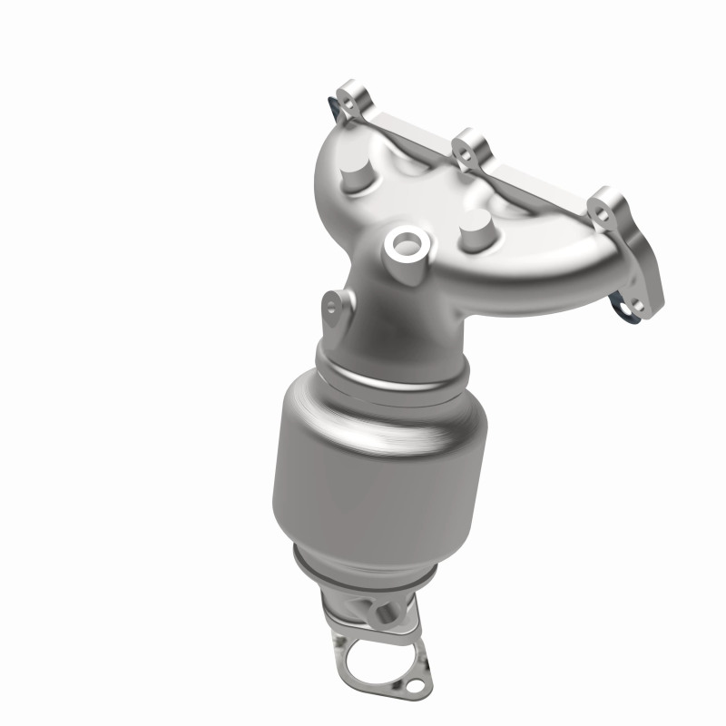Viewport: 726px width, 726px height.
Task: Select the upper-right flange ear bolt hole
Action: coord(600,211)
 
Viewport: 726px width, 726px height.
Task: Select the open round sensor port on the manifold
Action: coord(403,243)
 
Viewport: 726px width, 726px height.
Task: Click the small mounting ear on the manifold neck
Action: coord(335,307)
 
